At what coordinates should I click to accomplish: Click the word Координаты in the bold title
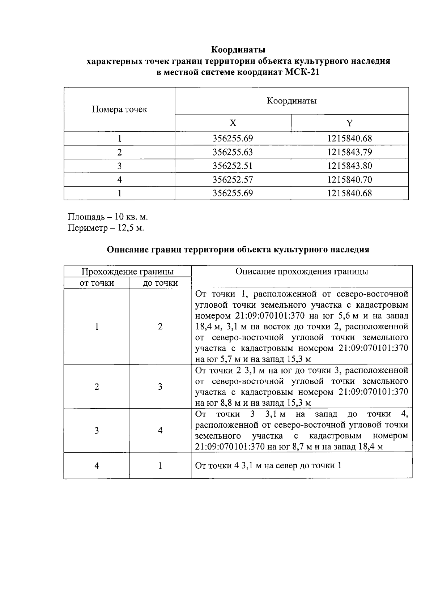[238, 49]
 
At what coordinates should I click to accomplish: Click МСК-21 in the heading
[302, 72]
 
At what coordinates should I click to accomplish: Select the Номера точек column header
[119, 109]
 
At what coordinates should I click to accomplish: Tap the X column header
[233, 123]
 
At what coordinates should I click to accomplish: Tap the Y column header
[349, 123]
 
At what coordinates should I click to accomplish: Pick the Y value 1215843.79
[349, 152]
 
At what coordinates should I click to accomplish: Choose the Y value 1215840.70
[349, 180]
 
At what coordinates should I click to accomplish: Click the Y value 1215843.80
[349, 166]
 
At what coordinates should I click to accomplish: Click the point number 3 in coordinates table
[119, 166]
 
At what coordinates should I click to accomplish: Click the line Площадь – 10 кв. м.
[108, 217]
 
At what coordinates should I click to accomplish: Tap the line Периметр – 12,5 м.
[106, 228]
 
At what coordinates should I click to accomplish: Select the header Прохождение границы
[127, 272]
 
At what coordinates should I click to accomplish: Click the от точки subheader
[97, 283]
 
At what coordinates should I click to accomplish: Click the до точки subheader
[160, 283]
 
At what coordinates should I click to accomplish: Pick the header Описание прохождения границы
[302, 272]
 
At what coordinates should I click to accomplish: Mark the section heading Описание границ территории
[238, 250]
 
